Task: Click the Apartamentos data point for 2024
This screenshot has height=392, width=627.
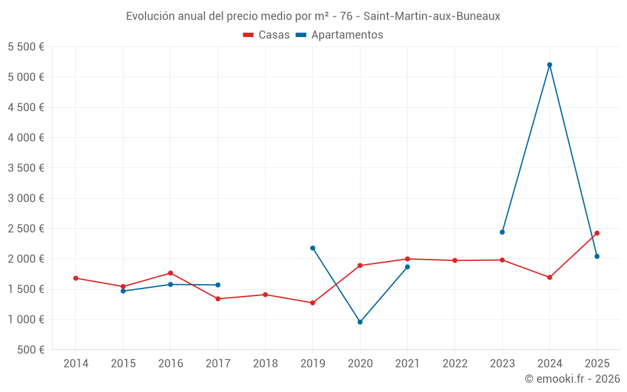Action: click(549, 65)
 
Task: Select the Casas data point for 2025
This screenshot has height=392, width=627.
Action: click(597, 233)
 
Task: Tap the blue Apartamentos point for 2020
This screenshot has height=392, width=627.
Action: click(360, 322)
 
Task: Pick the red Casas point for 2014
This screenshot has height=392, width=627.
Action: click(76, 278)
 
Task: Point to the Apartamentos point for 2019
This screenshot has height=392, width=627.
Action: click(313, 248)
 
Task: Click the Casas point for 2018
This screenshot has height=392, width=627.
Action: click(265, 295)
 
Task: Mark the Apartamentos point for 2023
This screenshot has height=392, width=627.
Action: click(502, 232)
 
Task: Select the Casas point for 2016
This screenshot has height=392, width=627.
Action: click(171, 273)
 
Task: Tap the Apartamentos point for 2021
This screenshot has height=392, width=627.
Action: click(408, 267)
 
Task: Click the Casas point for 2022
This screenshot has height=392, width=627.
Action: click(455, 260)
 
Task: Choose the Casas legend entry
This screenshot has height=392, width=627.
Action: click(266, 35)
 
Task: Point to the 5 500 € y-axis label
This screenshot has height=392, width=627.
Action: click(26, 47)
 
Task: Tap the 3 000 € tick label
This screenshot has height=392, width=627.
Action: click(26, 198)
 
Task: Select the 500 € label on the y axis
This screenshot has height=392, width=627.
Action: click(31, 350)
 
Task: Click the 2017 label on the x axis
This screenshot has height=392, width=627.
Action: click(218, 364)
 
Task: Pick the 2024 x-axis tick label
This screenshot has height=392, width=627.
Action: click(549, 364)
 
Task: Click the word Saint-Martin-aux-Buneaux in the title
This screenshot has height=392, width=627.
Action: click(432, 16)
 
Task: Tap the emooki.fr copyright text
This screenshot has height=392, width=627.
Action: click(572, 379)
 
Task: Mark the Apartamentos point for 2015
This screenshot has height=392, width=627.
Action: click(123, 291)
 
